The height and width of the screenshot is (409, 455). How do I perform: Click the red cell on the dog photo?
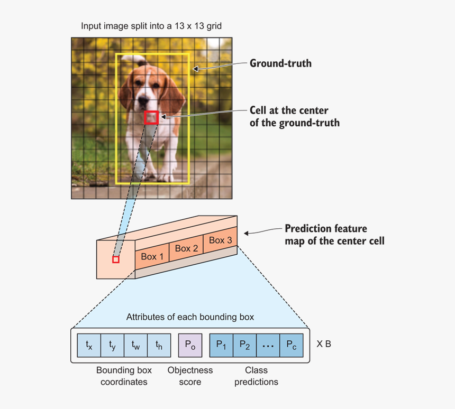[x=151, y=117]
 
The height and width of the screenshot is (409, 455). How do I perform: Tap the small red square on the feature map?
[x=116, y=259]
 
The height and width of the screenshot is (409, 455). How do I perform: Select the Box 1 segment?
[x=152, y=257]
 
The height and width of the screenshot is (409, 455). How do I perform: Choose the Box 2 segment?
[x=186, y=248]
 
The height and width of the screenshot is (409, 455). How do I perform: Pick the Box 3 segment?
[x=220, y=240]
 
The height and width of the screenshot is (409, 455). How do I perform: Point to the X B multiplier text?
[x=324, y=344]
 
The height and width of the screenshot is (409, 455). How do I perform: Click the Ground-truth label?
[x=280, y=63]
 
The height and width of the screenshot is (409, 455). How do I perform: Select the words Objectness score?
[x=190, y=376]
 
